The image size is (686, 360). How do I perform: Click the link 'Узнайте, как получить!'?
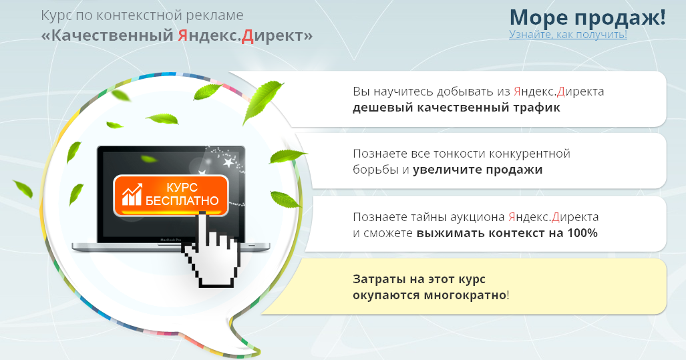tap(568, 34)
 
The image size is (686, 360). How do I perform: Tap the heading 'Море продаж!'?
tap(588, 17)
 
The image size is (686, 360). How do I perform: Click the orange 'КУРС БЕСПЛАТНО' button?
tap(170, 195)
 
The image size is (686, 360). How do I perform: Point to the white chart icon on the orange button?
tap(132, 194)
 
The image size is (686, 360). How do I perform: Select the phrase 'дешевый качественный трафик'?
tap(456, 108)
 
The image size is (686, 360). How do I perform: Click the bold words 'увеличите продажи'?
tap(478, 170)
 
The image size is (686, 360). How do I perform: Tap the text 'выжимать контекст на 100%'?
tap(506, 232)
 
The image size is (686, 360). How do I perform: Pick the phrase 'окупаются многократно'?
tap(430, 295)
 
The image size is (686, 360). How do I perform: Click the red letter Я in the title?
tap(182, 35)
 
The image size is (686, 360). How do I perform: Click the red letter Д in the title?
tap(248, 36)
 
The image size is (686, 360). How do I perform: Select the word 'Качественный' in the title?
tap(112, 35)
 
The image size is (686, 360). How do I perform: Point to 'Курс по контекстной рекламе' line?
tap(142, 15)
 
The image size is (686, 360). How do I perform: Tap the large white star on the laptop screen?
tap(228, 163)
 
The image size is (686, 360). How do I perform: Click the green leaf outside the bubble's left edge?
tap(23, 189)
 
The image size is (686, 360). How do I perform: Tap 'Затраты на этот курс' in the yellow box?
tap(419, 279)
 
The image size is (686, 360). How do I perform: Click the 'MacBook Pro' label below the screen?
tap(170, 240)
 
